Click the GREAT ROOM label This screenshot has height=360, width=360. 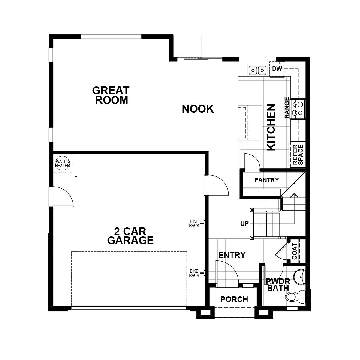(x=111, y=95)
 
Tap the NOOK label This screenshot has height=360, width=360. (x=198, y=109)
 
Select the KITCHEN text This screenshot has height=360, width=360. (x=271, y=127)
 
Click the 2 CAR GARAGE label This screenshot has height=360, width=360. (x=130, y=236)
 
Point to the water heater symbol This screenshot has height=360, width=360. (x=63, y=163)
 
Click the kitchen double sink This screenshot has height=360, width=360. (x=257, y=70)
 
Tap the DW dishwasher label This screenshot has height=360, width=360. (x=277, y=69)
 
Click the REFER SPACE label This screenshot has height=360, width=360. (x=298, y=154)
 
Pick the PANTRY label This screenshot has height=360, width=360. (x=266, y=180)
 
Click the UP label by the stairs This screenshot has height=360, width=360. (x=244, y=223)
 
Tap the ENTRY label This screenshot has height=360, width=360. (x=232, y=255)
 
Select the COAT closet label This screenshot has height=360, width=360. (x=295, y=251)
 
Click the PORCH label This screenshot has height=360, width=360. (x=234, y=299)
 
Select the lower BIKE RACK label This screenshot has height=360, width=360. (x=194, y=273)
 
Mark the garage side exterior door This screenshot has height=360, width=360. (x=61, y=196)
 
